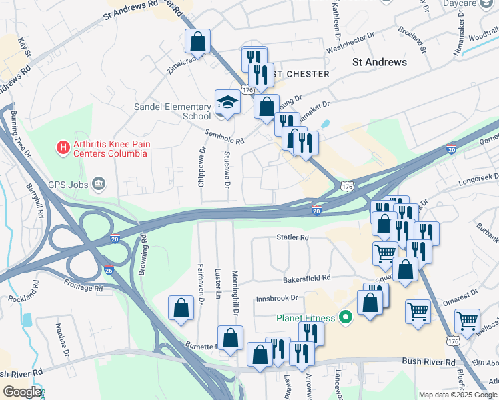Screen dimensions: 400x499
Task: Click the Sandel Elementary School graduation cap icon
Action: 227,103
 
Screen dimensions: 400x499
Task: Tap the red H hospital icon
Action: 63,147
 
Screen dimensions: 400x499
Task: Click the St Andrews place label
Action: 379,62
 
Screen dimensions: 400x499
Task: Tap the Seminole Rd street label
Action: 225,137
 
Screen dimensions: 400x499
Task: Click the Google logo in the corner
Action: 22,391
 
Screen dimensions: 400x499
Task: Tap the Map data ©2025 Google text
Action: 457,394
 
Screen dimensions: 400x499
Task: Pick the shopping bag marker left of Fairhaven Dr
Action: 181,308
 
